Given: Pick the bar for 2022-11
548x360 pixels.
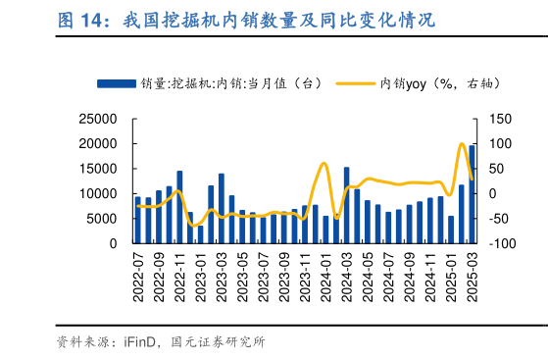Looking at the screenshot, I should click(x=179, y=207).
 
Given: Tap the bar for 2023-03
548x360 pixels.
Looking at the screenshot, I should click(x=222, y=208).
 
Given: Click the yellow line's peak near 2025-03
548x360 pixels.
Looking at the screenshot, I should click(x=462, y=144).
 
